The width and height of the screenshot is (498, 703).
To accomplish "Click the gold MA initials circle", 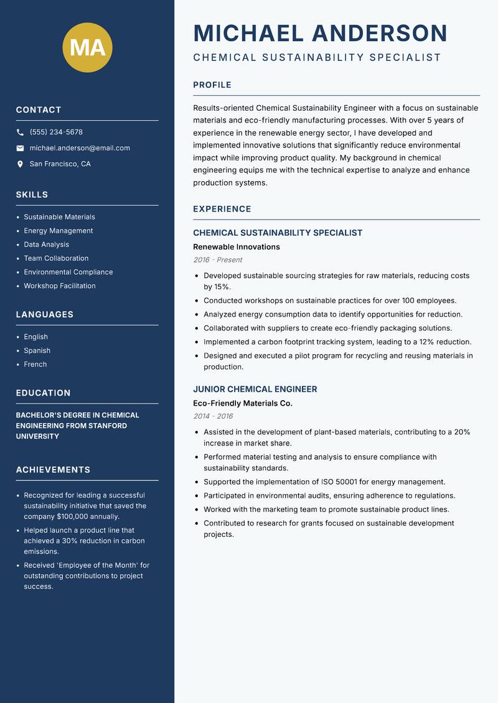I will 88,47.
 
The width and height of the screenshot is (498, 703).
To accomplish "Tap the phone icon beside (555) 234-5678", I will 21,133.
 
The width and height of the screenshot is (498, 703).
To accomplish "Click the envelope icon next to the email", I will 21,148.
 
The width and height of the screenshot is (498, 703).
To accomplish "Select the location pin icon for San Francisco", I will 21,164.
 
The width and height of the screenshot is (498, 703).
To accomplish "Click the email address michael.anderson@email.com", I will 80,148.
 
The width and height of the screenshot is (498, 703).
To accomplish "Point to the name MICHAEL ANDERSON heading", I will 321,33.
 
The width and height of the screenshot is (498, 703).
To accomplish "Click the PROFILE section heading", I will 212,85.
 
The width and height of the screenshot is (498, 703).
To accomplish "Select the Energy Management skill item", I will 59,231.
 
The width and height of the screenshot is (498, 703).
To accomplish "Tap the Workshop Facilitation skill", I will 60,286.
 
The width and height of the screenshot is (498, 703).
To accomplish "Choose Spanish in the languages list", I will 37,351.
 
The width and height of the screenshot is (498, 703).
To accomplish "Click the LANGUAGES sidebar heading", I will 45,315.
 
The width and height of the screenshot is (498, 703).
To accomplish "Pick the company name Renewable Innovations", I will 237,247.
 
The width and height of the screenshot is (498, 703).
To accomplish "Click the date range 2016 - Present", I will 218,260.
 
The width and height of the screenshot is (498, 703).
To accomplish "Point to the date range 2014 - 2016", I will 213,416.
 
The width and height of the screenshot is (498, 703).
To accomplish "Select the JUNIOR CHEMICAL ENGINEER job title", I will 255,389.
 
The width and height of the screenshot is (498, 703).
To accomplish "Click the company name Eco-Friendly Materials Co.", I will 243,403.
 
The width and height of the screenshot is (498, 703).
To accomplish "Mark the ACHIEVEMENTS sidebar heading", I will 53,470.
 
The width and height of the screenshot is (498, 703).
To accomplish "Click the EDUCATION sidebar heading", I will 44,393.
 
